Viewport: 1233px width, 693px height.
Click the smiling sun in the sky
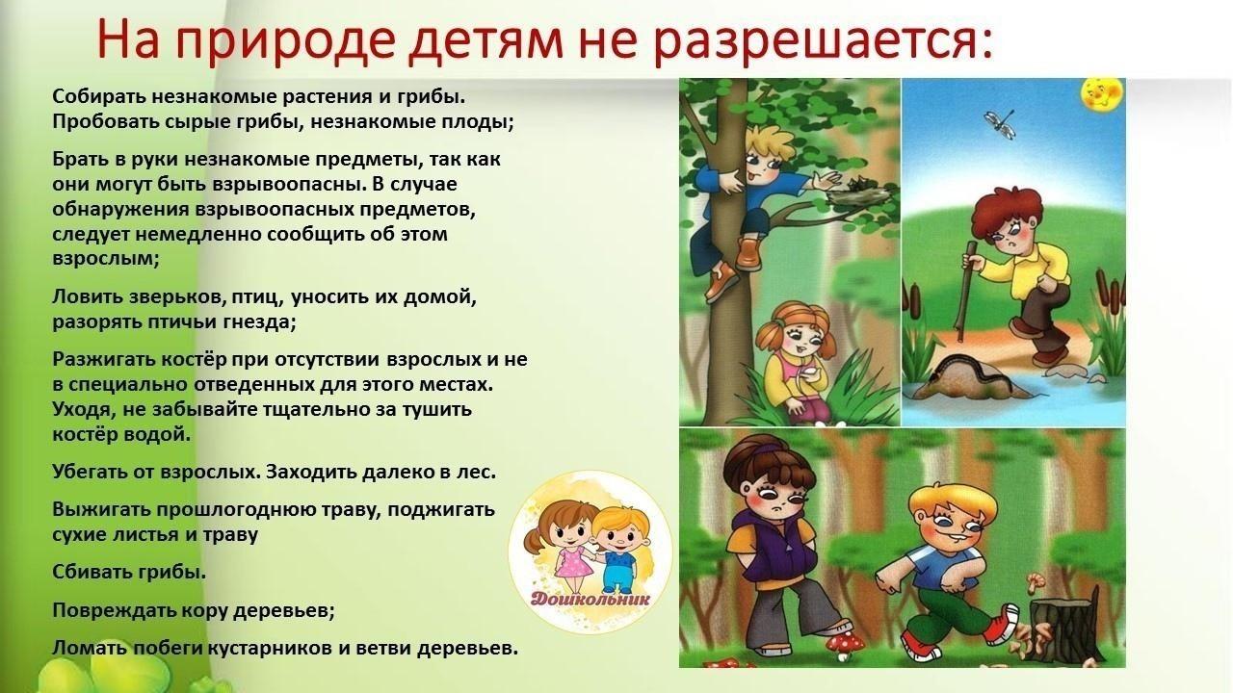click(1102, 92)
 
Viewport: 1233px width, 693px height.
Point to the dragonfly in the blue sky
click(1000, 124)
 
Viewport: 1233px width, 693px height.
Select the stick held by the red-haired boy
click(965, 292)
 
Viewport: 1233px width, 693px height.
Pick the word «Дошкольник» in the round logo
click(590, 599)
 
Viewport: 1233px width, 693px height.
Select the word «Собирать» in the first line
click(99, 96)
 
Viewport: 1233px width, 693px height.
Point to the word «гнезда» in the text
click(260, 321)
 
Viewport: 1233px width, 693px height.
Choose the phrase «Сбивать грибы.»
click(129, 573)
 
